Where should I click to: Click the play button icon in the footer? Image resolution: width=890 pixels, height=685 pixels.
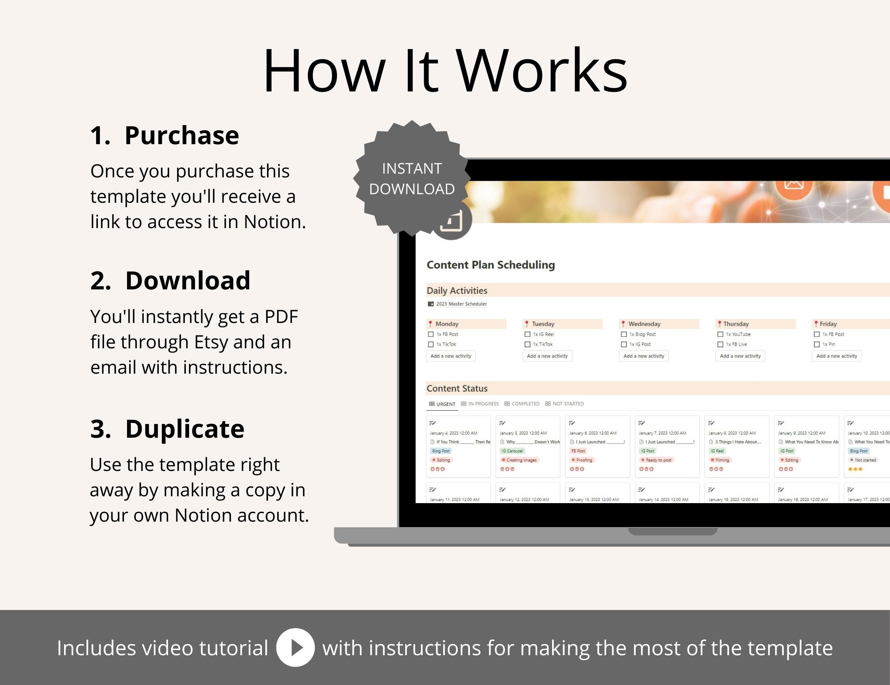[x=295, y=647]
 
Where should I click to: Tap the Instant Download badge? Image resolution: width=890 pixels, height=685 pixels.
[x=411, y=178]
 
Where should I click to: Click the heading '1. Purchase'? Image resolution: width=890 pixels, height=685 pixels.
[x=165, y=135]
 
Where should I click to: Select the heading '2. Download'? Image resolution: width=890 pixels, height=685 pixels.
[x=170, y=281]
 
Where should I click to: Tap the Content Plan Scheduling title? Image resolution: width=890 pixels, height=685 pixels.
[x=491, y=265]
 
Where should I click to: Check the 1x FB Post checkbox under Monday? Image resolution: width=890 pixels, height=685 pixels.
[x=431, y=334]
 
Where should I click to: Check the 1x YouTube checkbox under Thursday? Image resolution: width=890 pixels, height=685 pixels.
[x=720, y=334]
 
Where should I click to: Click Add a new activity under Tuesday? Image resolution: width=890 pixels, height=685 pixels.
[x=547, y=356]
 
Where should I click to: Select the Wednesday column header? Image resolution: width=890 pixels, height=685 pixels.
[x=644, y=324]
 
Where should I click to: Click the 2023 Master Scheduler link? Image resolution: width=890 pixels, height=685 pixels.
[x=461, y=304]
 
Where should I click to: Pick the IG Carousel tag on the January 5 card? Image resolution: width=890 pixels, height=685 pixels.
[x=512, y=451]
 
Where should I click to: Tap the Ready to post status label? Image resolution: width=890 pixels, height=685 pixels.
[x=658, y=460]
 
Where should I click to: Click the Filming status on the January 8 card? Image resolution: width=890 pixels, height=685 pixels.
[x=722, y=460]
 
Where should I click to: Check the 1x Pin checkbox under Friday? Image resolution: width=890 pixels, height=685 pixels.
[x=817, y=345]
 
